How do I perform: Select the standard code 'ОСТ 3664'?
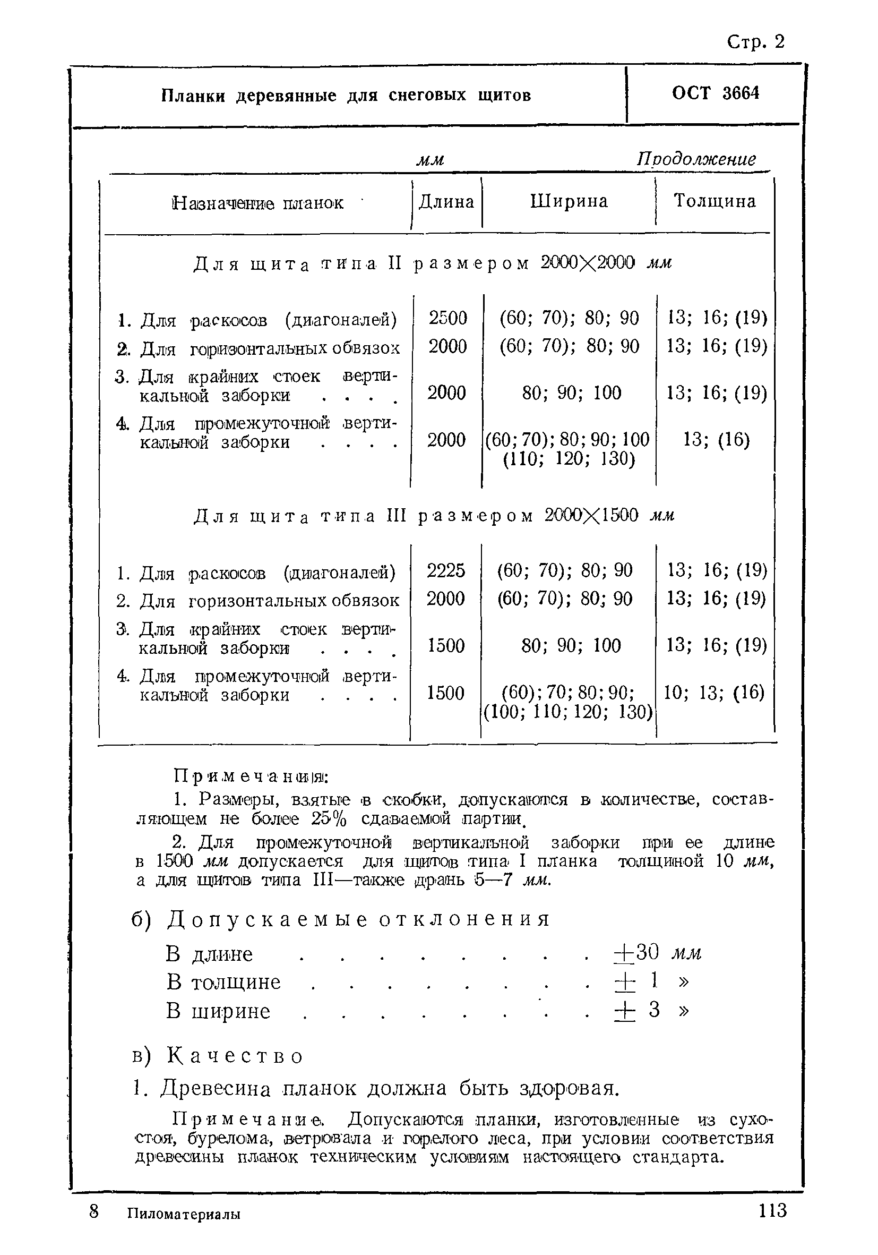tap(715, 93)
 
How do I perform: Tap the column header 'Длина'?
tap(446, 202)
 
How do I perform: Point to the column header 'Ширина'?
tap(569, 201)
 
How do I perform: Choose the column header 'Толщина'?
tap(714, 201)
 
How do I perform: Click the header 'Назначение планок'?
tap(257, 203)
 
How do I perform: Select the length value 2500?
tap(447, 318)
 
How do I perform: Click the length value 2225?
tap(445, 570)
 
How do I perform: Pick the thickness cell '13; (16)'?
tap(716, 439)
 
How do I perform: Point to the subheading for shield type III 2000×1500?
tap(434, 516)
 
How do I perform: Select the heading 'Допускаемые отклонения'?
tap(358, 919)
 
